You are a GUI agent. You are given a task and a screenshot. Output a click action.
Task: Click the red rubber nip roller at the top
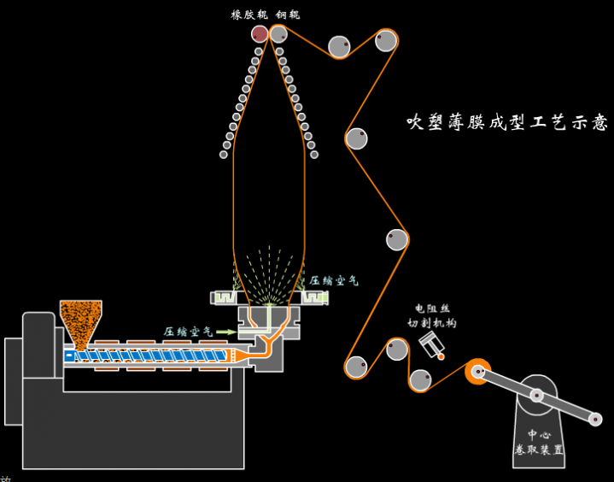click(x=260, y=33)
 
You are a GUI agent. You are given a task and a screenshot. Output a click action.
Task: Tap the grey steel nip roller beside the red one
click(x=278, y=33)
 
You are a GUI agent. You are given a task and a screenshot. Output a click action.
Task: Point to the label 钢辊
click(x=288, y=14)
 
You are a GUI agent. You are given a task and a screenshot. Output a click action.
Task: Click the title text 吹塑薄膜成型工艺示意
click(x=507, y=122)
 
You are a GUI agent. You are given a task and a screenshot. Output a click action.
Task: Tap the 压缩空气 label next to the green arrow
click(x=189, y=332)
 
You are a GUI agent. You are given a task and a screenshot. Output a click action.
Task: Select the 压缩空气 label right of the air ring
click(x=334, y=280)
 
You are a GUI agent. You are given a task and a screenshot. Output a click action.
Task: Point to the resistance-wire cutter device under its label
click(x=433, y=345)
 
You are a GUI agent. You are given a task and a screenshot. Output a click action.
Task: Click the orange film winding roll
click(x=478, y=371)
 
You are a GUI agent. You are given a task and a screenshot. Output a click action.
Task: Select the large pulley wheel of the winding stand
click(x=538, y=396)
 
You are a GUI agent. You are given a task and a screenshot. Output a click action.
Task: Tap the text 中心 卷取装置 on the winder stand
click(x=539, y=442)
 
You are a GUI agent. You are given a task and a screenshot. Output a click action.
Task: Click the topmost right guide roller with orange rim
click(x=386, y=40)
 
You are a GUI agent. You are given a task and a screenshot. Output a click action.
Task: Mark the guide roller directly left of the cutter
click(x=397, y=349)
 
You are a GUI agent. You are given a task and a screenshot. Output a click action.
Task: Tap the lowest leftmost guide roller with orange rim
click(x=357, y=367)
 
